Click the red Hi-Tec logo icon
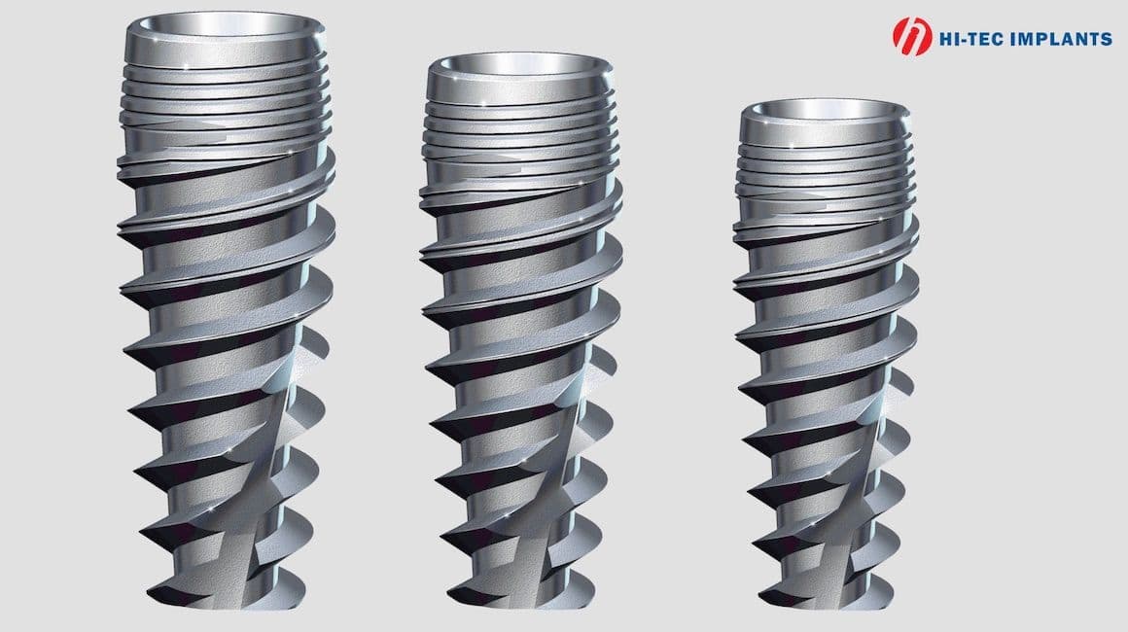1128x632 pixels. point(912,36)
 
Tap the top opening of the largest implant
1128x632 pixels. point(226,24)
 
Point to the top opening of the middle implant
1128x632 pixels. point(519,64)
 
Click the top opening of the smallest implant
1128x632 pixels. point(826,109)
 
